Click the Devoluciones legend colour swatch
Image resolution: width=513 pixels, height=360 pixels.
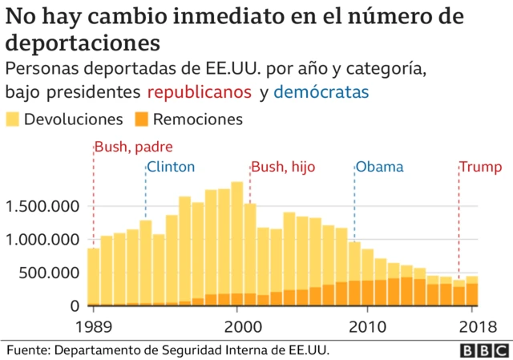point(14,119)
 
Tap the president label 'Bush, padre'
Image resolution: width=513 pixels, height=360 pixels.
point(133,147)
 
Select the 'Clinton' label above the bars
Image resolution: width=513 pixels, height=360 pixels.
point(171,168)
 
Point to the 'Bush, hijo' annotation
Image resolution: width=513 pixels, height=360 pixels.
point(283,168)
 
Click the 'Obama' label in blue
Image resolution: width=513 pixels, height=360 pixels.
point(379,168)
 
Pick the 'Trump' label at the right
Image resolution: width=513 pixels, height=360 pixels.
point(480,168)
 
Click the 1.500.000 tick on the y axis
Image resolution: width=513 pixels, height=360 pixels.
point(42,207)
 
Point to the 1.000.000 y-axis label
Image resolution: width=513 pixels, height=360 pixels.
point(42,240)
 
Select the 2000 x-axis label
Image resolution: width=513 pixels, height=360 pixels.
point(239,326)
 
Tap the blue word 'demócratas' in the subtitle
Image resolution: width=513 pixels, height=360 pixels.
point(321,92)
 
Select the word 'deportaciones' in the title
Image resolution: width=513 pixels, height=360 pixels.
point(83,40)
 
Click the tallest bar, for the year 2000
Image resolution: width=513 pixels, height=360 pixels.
point(237,241)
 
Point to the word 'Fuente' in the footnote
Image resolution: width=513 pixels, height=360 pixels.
point(29,350)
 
